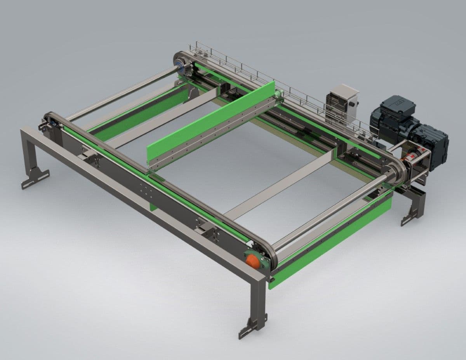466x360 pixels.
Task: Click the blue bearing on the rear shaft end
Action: (179, 64)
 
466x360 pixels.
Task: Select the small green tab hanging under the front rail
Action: (153, 206)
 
